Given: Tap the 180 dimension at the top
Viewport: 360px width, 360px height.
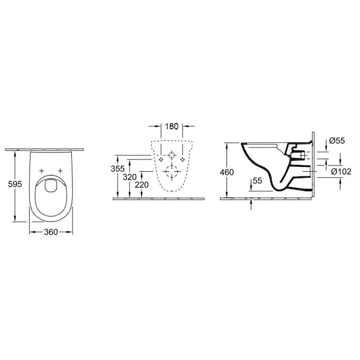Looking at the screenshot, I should point(172,126).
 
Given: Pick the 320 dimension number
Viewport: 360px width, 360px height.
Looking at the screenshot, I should point(130,177).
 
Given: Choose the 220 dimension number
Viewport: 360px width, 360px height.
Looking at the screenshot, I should point(142,185).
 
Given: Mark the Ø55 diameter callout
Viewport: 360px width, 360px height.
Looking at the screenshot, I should point(337,141).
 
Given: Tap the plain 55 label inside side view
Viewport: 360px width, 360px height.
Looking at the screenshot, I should point(257,180).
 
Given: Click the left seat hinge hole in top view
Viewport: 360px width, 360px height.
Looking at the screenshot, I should point(42,171).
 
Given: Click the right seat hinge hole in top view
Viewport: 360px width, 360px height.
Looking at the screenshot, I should point(60,171).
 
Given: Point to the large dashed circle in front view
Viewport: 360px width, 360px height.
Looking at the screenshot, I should point(171,172).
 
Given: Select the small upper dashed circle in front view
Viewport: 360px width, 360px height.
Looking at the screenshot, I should point(171,156).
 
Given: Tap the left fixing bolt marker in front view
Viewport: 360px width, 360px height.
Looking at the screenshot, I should point(161,159).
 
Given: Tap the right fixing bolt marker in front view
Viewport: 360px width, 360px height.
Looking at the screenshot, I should point(182,159).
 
